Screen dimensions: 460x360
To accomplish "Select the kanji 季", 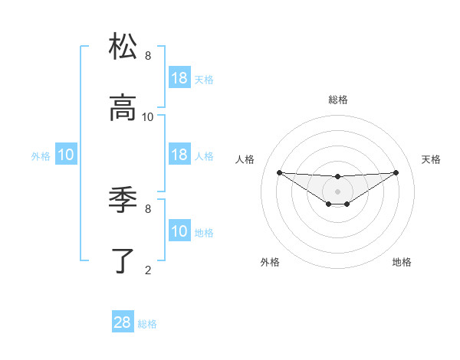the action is point(123,200).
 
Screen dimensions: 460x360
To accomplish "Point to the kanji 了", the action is point(123,260).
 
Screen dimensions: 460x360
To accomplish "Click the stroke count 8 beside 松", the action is point(148,56).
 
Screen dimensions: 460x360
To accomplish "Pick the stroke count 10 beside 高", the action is point(148,117).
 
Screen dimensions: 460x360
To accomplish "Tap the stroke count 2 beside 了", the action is point(148,270).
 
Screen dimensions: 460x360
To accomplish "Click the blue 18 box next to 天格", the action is point(179,78).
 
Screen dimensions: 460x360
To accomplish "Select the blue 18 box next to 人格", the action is point(179,155).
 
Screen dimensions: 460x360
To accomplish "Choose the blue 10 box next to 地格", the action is point(179,231).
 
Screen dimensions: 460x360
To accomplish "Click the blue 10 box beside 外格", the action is point(66,155).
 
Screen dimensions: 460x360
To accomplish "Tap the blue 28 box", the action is point(123,322).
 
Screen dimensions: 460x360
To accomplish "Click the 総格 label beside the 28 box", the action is point(147,324).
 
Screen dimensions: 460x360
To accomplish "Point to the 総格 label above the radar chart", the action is point(338,100).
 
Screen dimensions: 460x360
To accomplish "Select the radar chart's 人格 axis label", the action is point(245,159).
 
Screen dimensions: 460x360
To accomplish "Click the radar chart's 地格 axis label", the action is point(402,262).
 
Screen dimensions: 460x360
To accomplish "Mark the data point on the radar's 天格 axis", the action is point(396,172).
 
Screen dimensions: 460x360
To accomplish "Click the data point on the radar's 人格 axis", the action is point(279,172).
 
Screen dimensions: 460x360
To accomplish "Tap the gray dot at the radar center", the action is point(337,191).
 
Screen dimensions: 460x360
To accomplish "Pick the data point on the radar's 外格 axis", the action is point(328,204).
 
